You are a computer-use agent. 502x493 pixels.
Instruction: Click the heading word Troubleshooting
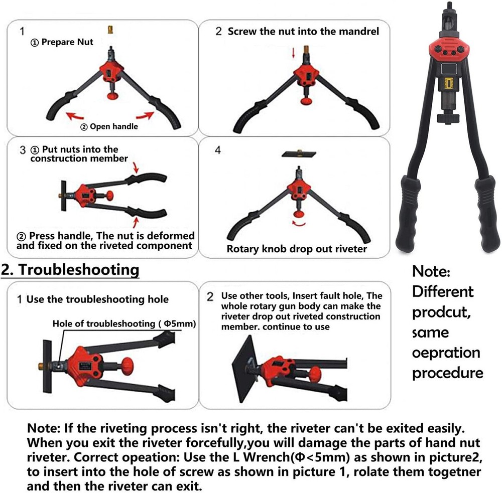point(79,270)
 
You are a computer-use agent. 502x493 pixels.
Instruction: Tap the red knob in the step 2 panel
point(306,101)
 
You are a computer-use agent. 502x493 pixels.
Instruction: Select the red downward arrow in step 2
point(293,52)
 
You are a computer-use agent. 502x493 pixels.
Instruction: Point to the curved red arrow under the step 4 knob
point(299,224)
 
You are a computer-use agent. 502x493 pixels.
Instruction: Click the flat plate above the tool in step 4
point(299,154)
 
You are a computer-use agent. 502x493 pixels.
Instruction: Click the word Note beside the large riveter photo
point(431,271)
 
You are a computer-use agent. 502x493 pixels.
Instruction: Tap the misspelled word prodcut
point(441,312)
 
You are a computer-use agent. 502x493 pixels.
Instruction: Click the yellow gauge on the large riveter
point(448,83)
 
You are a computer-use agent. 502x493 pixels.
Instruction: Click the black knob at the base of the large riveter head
point(448,117)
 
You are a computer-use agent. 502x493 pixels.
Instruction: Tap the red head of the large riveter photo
point(449,50)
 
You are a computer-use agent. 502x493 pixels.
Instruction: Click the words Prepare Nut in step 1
point(67,42)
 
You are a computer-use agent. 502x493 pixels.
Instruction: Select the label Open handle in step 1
point(113,126)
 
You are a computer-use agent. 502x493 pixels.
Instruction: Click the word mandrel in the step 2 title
point(359,32)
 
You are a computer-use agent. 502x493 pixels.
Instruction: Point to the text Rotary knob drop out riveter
point(297,249)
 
